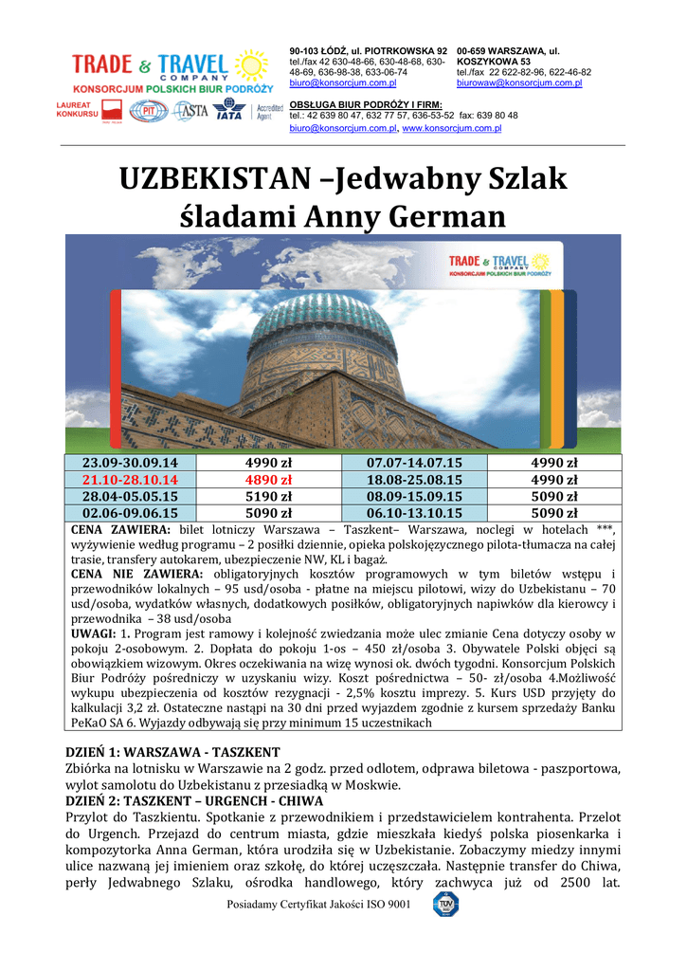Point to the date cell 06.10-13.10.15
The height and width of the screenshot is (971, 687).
point(422,513)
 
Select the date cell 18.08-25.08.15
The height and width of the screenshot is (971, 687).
point(422,480)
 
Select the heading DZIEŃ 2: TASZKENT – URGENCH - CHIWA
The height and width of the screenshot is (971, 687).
point(195,801)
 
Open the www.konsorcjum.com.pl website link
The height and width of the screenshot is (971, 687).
point(452,128)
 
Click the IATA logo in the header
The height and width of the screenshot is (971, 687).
point(229,112)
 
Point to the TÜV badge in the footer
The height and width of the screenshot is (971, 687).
point(445,904)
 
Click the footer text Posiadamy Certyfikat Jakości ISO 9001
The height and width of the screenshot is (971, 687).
point(318,904)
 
